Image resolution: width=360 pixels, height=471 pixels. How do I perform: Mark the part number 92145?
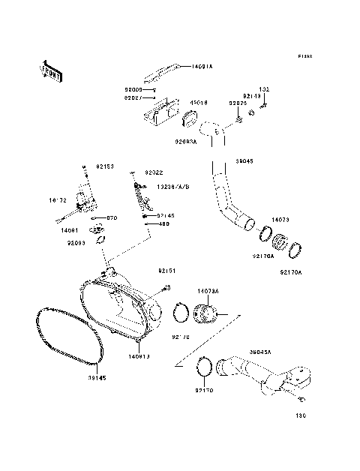point(165,215)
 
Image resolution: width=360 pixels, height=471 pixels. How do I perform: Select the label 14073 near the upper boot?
point(280,220)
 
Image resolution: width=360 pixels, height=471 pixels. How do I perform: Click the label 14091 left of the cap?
point(79,232)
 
